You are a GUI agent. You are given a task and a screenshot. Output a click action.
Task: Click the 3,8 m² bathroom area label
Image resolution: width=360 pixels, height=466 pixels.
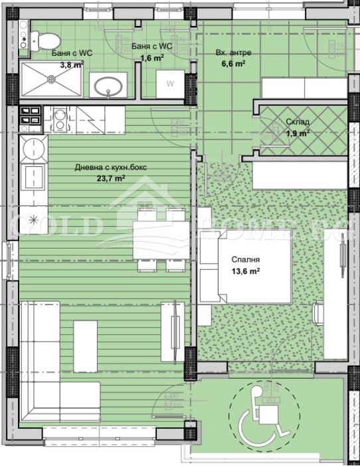[72, 65]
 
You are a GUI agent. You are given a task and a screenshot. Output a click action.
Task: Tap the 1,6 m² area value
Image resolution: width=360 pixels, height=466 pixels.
[151, 58]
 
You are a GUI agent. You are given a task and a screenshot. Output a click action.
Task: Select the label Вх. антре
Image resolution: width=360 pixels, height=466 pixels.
[230, 53]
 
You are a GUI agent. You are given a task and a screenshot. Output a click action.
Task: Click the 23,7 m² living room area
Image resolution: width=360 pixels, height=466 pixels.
[110, 178]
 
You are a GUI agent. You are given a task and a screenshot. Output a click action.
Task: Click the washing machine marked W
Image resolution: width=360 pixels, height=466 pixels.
[170, 84]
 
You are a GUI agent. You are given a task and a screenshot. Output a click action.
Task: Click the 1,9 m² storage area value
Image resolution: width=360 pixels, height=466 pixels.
[297, 134]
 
